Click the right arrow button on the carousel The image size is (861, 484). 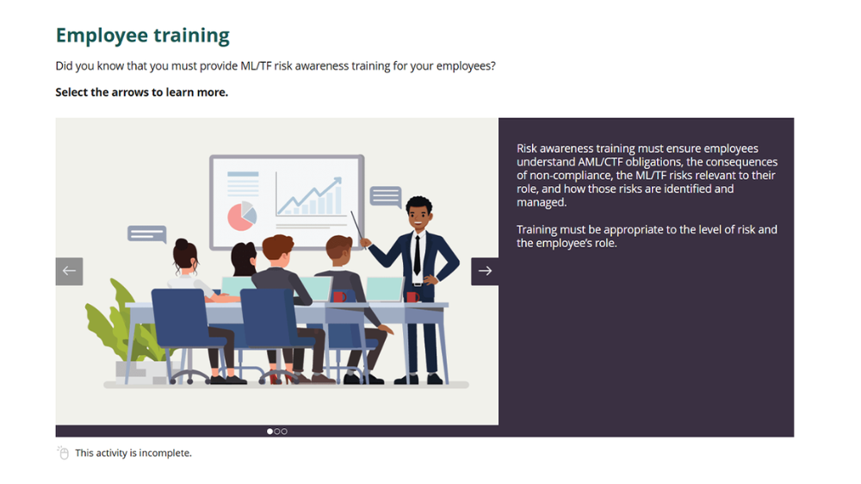pyautogui.click(x=485, y=271)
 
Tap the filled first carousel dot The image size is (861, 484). pyautogui.click(x=269, y=431)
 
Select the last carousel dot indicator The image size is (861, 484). pyautogui.click(x=284, y=431)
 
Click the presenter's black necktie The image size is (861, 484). pyautogui.click(x=417, y=253)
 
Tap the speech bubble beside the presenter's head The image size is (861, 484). pyautogui.click(x=385, y=196)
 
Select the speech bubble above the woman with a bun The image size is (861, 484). pyautogui.click(x=146, y=233)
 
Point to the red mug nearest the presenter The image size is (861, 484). pyautogui.click(x=412, y=297)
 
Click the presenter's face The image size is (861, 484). pyautogui.click(x=418, y=216)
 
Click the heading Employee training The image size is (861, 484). pyautogui.click(x=142, y=35)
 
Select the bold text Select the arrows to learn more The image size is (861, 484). pyautogui.click(x=141, y=92)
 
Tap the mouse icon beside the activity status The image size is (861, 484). pyautogui.click(x=63, y=453)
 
